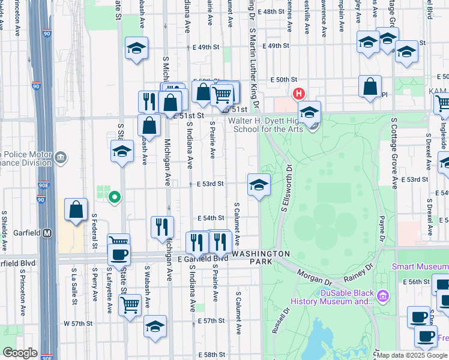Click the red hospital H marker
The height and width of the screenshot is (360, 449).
point(298,94)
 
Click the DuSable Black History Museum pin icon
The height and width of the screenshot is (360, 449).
point(383,295)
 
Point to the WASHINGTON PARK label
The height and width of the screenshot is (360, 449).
point(262,254)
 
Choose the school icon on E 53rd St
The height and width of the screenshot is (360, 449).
point(259,185)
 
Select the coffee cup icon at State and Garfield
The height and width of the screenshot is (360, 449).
point(119,254)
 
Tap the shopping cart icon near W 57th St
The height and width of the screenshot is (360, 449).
point(130,305)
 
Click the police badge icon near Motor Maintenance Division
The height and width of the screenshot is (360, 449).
point(60,158)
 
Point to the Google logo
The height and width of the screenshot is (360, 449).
point(19,353)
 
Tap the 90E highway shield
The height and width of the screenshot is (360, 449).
point(43,187)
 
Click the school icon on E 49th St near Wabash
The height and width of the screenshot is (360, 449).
point(137,49)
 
